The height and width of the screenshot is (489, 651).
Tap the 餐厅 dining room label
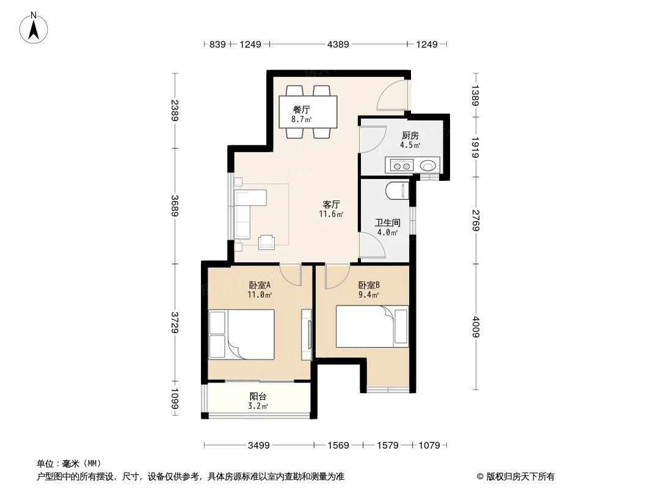click(301, 109)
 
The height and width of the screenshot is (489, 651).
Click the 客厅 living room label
click(331, 204)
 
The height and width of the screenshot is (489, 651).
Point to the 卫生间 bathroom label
click(387, 223)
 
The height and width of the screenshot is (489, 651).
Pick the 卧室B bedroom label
click(369, 285)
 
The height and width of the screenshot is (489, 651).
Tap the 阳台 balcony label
click(258, 396)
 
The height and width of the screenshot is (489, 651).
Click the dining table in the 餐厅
click(308, 111)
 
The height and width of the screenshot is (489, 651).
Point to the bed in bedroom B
click(373, 326)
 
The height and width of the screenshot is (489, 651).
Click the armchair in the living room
click(267, 243)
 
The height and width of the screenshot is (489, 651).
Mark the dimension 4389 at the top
click(338, 44)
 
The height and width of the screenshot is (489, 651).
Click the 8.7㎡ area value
click(301, 120)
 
